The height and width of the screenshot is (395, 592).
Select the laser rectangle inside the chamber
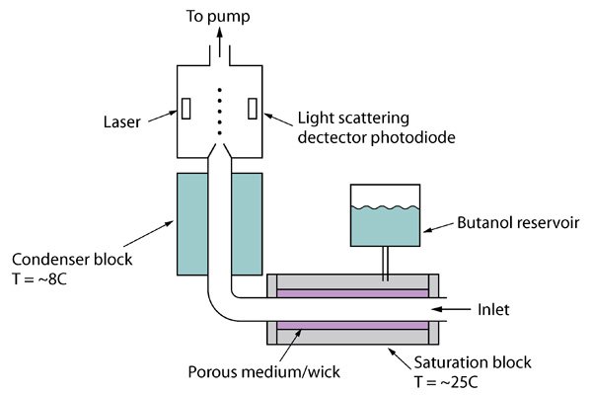click(185, 107)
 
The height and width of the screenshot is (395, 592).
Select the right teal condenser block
click(247, 224)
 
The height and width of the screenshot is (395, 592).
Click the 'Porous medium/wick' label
click(262, 372)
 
